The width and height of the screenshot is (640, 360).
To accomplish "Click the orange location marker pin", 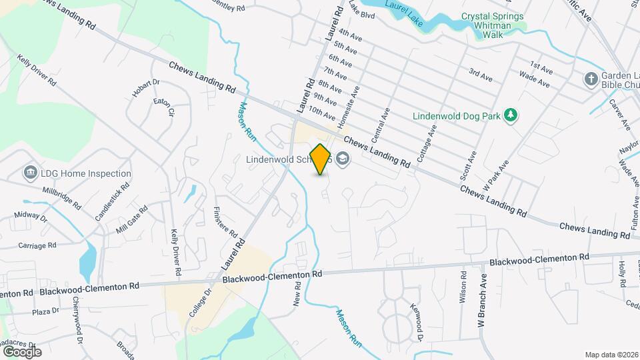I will pyautogui.click(x=321, y=159).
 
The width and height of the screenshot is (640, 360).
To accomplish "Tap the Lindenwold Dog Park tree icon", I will pyautogui.click(x=510, y=115).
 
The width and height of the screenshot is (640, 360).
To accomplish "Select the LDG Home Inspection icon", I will pyautogui.click(x=30, y=173).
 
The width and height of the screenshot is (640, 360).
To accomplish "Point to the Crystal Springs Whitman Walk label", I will pyautogui.click(x=493, y=21).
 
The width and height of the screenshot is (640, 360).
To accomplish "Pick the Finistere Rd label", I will pyautogui.click(x=225, y=222).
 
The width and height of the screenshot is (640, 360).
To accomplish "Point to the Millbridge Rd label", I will pyautogui.click(x=61, y=197).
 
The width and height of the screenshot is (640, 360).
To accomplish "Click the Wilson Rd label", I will pyautogui.click(x=463, y=287).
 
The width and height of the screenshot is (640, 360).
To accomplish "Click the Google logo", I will pyautogui.click(x=21, y=351).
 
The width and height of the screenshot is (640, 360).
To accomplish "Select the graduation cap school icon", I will pyautogui.click(x=343, y=159).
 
